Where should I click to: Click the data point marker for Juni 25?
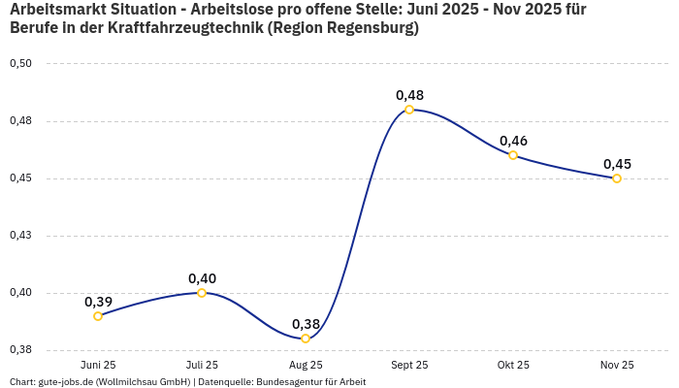pos(98,316)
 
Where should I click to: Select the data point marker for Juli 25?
pos(202,293)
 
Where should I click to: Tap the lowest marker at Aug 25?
pos(306,339)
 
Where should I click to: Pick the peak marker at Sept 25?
pos(409,110)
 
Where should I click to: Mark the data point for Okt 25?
pos(513,155)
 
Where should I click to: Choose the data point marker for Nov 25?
pos(617,178)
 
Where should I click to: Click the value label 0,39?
pos(98,302)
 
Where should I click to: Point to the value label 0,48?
pos(409,95)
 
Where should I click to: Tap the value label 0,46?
pos(513,141)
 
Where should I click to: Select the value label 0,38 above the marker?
pos(306,324)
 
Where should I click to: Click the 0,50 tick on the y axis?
pos(20,64)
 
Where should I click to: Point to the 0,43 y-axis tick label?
pos(20,236)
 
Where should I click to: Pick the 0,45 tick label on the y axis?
pos(20,178)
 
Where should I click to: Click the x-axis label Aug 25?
pos(306,365)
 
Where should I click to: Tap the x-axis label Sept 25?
pos(409,365)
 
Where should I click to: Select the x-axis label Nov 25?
pos(617,365)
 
